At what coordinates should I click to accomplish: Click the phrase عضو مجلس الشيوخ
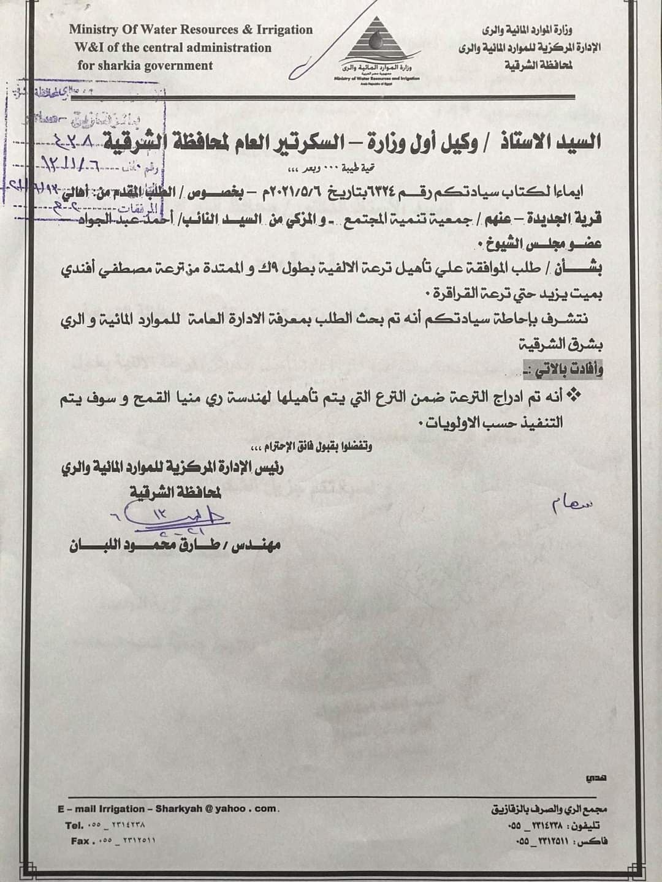point(551,243)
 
